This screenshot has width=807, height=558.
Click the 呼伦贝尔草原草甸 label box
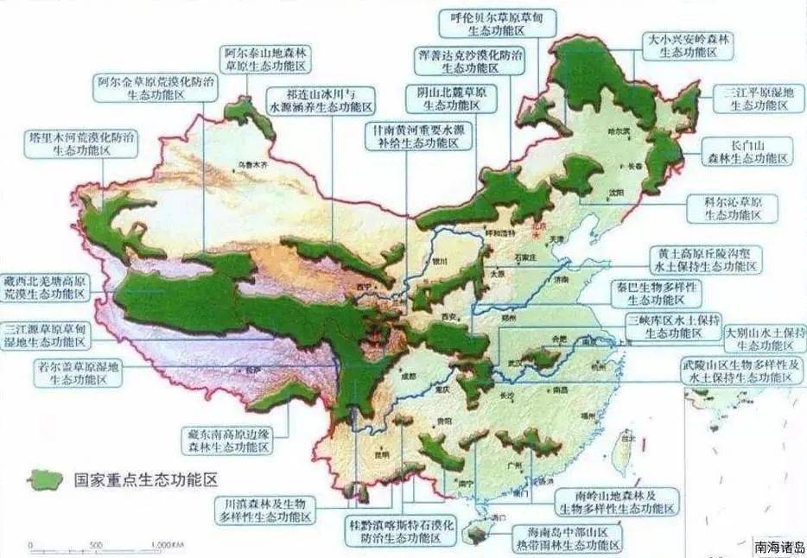pos(497,23)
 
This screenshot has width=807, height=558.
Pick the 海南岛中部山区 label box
pos(567,539)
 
